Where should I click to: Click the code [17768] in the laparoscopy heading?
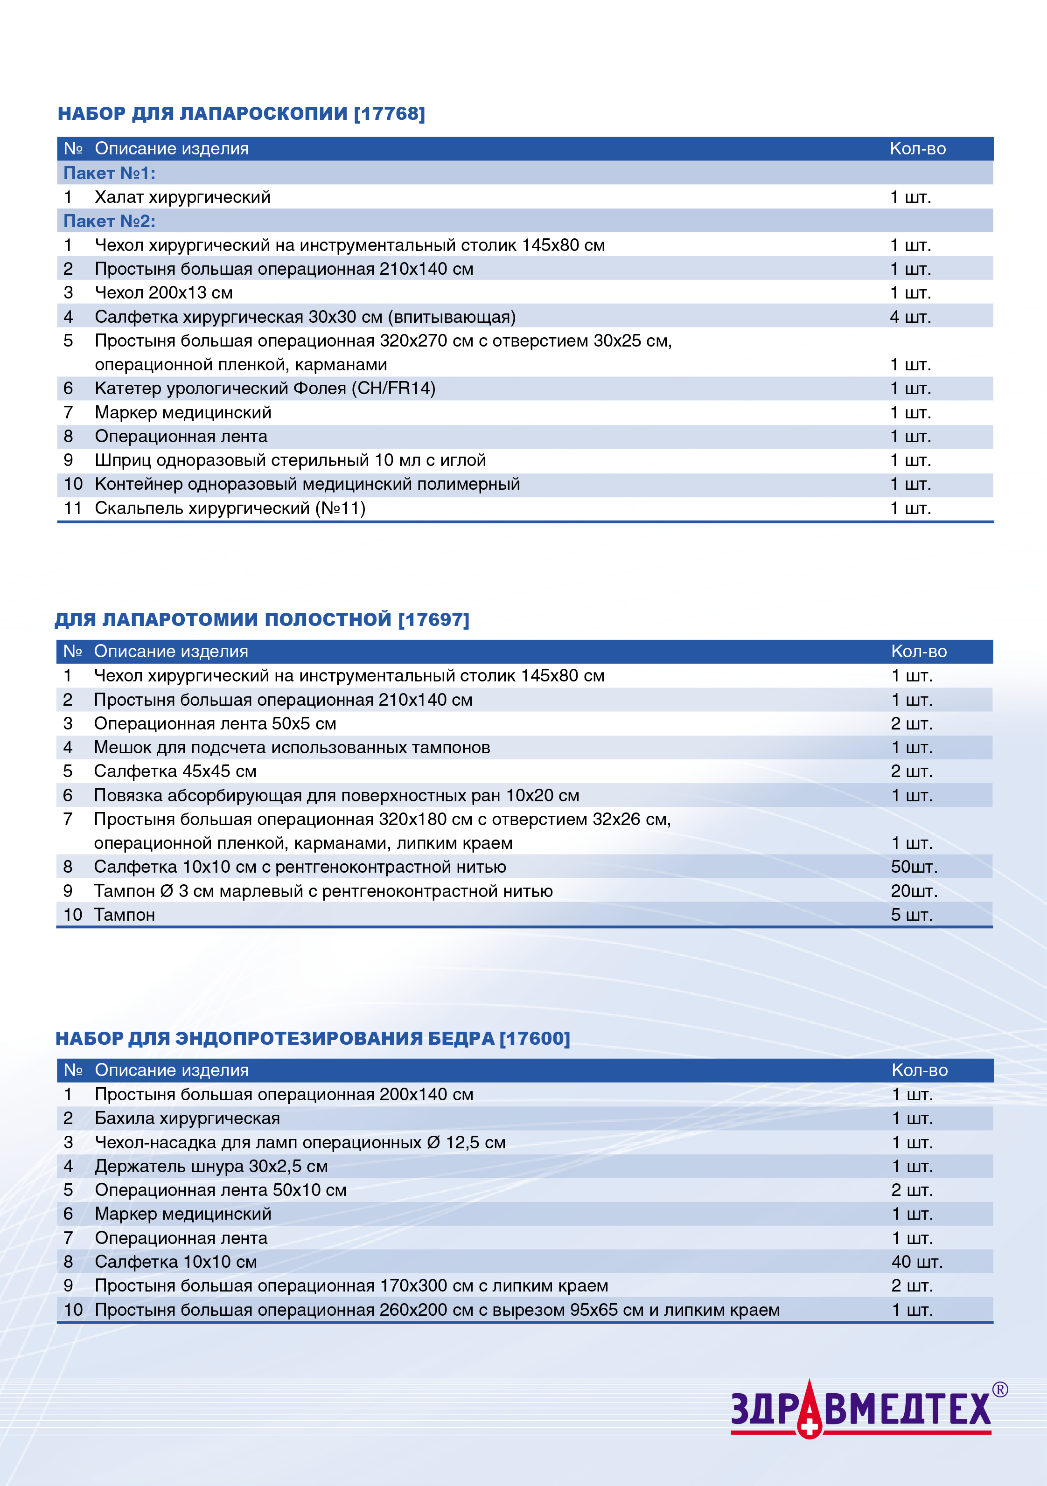point(389,114)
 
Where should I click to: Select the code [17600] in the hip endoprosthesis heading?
point(534,1038)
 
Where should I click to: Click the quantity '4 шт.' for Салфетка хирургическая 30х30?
point(910,317)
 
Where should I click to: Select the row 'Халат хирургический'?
point(182,197)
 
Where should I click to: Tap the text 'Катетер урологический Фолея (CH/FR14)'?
point(265,389)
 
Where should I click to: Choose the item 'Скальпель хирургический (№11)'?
point(230,508)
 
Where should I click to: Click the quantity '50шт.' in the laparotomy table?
point(914,867)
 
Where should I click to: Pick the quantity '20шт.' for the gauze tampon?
point(914,891)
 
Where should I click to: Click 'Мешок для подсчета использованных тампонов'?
point(292,748)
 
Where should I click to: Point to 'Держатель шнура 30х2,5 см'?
point(211,1167)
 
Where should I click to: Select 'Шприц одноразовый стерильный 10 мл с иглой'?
point(290,460)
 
